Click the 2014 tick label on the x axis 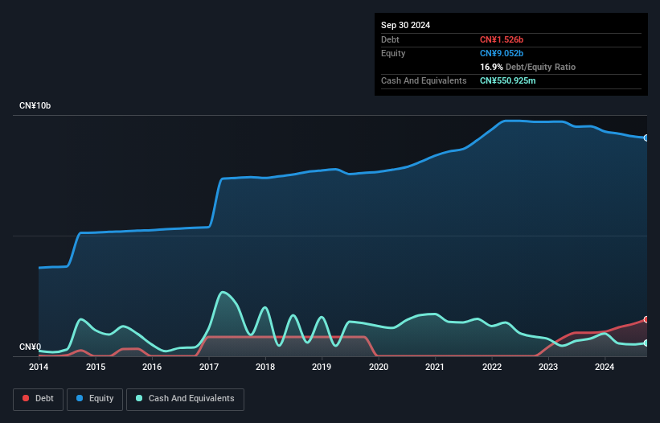[x=39, y=368]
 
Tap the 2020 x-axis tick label [x=378, y=368]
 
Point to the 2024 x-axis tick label [x=605, y=368]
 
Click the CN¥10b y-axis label [x=35, y=106]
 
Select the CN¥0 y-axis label [x=30, y=347]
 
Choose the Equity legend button [x=94, y=399]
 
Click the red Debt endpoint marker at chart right [x=646, y=319]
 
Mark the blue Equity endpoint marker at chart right [x=646, y=138]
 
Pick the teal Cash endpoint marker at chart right [x=646, y=343]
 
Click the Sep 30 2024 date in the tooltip [x=406, y=25]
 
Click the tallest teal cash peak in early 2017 [x=223, y=292]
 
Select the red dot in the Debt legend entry [x=26, y=399]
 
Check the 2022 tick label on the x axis [x=491, y=368]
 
